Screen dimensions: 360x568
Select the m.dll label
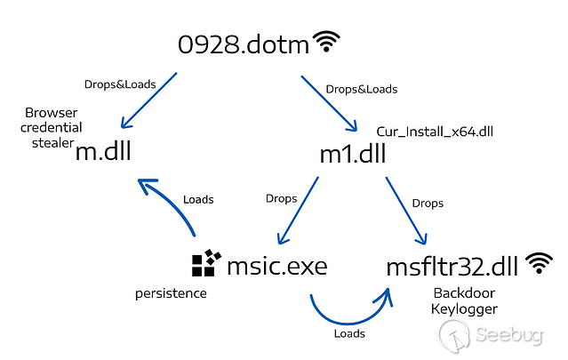tap(103, 151)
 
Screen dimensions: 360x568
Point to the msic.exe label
tap(276, 264)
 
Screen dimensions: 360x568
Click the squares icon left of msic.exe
tap(205, 263)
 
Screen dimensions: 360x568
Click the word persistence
tap(171, 292)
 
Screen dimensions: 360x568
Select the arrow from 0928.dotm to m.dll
tap(148, 103)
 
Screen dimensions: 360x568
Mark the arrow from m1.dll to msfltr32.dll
tap(405, 211)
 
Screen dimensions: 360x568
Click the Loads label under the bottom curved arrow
tap(349, 334)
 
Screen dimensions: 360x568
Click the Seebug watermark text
tap(511, 336)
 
